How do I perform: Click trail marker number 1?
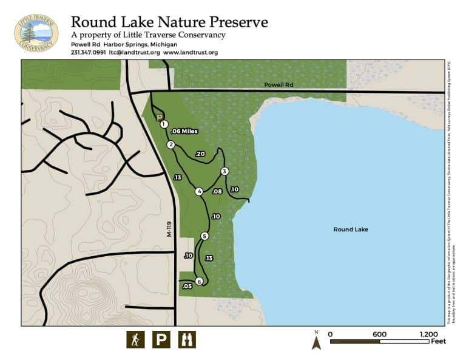(164, 124)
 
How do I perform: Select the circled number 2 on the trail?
(171, 144)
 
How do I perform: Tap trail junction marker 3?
(225, 171)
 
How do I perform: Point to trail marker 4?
(199, 192)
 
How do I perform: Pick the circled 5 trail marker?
(204, 236)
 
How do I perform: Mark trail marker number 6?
(199, 280)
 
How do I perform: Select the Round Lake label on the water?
(351, 229)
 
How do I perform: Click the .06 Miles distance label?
(184, 131)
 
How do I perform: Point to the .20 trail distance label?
(201, 154)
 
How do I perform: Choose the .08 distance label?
(217, 191)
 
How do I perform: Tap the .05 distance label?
(187, 286)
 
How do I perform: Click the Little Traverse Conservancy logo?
(36, 33)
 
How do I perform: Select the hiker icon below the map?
(135, 339)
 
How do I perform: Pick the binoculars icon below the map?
(187, 339)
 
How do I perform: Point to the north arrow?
(316, 341)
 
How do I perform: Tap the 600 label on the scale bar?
(379, 334)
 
